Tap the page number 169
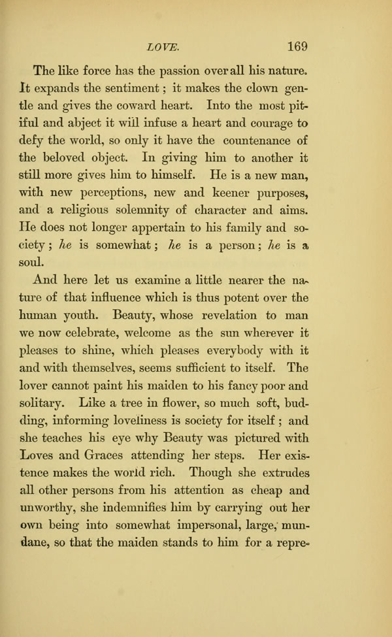pos(295,46)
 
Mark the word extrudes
pos(281,472)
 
